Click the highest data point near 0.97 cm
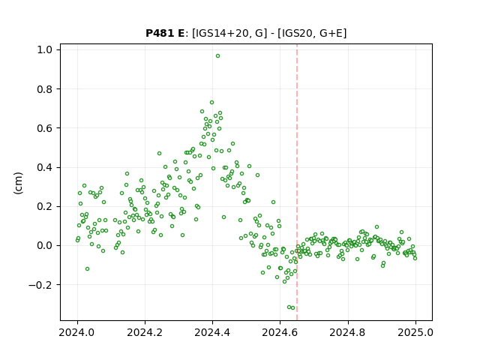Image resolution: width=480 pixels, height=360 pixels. (x=217, y=56)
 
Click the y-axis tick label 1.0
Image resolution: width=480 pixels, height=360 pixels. (x=45, y=50)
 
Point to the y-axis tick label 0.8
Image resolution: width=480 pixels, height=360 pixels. (x=45, y=89)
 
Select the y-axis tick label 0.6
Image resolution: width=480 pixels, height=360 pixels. (x=45, y=128)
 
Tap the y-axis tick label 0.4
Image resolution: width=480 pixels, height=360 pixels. (x=45, y=167)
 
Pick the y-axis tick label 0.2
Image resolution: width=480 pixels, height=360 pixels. (x=45, y=207)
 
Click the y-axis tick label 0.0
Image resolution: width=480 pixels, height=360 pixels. (x=45, y=246)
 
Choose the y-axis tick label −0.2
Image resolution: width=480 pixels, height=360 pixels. (x=40, y=285)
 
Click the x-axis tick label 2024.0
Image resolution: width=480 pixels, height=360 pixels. (x=77, y=332)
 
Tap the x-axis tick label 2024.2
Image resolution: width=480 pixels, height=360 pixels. (x=145, y=332)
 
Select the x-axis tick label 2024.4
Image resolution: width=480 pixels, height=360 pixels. (x=212, y=332)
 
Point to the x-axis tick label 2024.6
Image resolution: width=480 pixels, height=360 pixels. (x=280, y=332)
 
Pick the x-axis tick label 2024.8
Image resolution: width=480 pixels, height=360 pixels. (x=348, y=332)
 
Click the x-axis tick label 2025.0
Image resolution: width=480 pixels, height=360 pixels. (x=415, y=332)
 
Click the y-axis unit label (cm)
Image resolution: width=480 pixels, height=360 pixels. (x=18, y=183)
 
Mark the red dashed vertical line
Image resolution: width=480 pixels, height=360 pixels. (x=297, y=182)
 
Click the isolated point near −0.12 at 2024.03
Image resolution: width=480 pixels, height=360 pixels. (x=87, y=268)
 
